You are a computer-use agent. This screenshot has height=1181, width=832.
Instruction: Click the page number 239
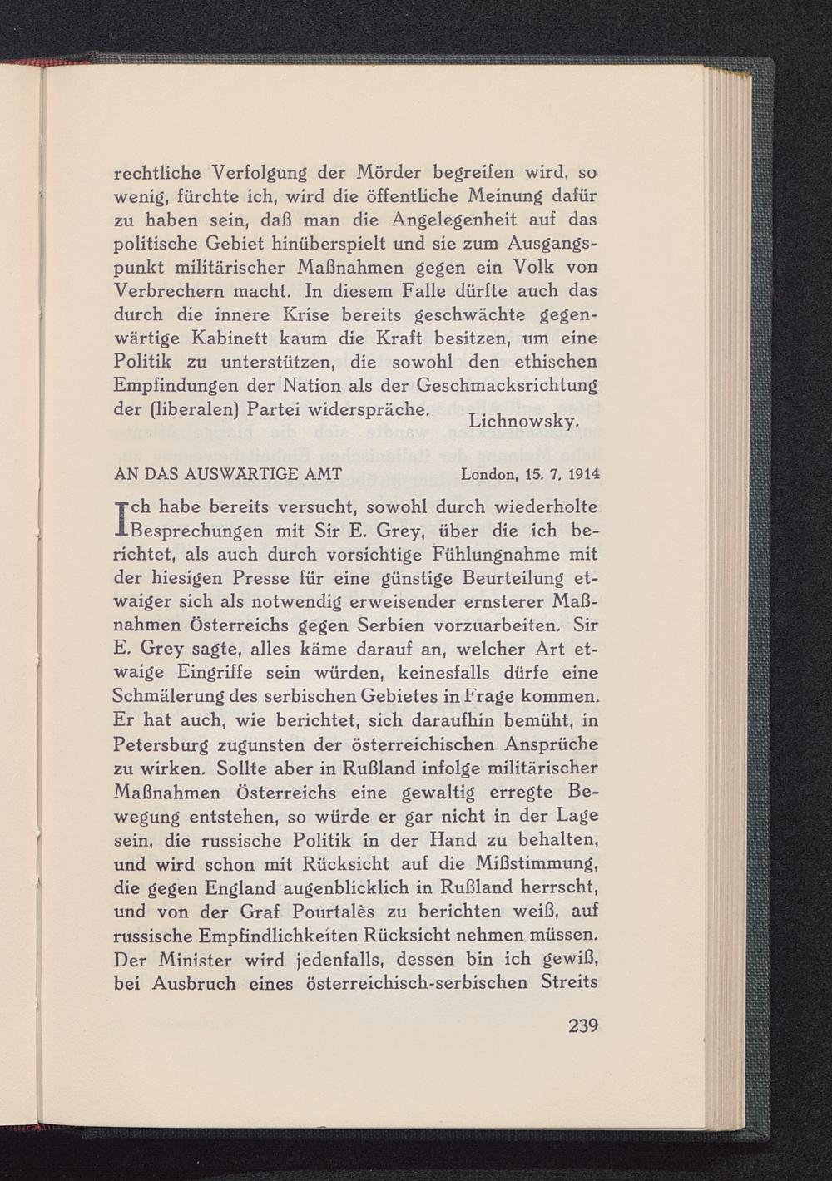(583, 1025)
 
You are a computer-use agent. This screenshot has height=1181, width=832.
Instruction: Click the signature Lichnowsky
(522, 422)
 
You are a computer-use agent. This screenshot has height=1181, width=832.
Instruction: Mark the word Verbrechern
(166, 292)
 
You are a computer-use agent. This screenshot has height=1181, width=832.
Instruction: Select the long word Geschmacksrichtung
(507, 386)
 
